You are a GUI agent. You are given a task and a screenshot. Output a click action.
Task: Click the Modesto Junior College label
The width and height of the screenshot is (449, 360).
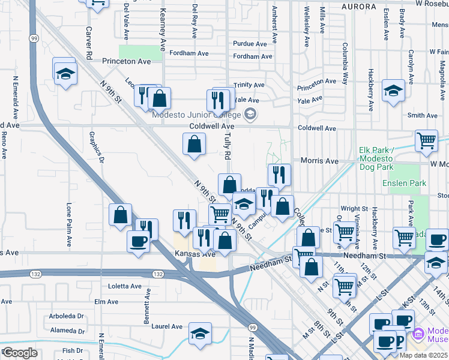[196, 115]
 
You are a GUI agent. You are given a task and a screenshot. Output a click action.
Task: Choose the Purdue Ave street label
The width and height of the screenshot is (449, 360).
[250, 44]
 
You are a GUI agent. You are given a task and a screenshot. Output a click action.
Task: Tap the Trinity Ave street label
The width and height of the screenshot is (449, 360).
[249, 85]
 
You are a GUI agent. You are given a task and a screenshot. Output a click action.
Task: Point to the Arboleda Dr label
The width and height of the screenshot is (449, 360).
[67, 316]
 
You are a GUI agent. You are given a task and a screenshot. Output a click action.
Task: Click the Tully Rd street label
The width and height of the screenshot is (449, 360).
[228, 146]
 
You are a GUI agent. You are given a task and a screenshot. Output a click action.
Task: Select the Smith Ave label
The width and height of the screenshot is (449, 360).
[422, 115]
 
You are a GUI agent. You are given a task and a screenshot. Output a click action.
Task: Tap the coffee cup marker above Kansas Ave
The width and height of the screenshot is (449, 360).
[138, 242]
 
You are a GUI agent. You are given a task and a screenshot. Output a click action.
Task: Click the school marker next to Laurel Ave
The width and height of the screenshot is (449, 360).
[200, 334]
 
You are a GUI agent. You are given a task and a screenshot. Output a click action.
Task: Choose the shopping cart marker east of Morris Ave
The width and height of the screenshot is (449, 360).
[426, 141]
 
